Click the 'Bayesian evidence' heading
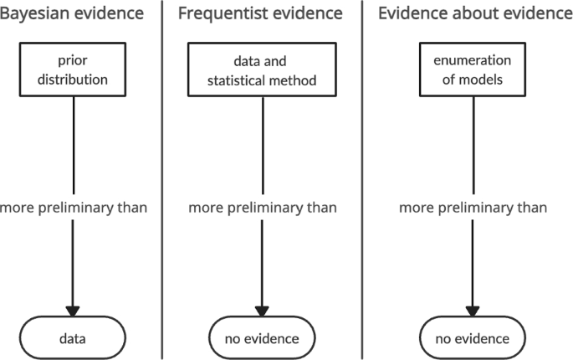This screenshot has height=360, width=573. (72, 13)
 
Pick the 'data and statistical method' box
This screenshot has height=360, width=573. (263, 69)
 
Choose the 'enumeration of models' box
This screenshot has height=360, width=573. (473, 69)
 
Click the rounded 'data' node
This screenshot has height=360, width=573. (73, 338)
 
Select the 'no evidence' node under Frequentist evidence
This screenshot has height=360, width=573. (263, 338)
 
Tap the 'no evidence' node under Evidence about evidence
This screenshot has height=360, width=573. (473, 338)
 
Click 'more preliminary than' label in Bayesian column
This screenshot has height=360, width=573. (74, 208)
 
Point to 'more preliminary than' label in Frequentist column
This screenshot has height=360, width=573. (263, 208)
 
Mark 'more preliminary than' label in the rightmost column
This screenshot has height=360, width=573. (473, 208)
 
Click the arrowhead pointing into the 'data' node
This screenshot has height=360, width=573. (73, 309)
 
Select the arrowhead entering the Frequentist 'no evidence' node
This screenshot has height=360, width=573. (263, 309)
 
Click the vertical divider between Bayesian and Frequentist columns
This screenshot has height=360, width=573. (161, 180)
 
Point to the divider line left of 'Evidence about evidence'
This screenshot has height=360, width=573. (362, 180)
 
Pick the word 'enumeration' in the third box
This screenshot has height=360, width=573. (473, 60)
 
